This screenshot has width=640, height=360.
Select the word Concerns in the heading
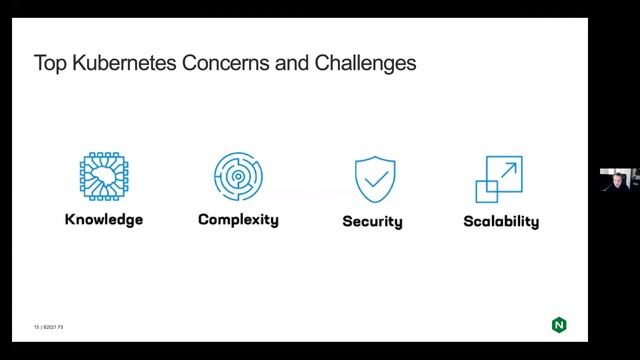[209, 64]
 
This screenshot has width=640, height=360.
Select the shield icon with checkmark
[374, 179]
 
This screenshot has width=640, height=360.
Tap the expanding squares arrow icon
[501, 179]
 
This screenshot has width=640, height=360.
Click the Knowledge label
[104, 219]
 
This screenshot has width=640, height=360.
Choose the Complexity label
[238, 219]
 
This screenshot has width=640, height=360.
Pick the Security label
[372, 220]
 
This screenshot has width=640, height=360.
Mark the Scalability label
[501, 220]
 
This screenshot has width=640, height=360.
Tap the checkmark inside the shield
[374, 179]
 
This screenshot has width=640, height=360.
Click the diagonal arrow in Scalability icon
[509, 170]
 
